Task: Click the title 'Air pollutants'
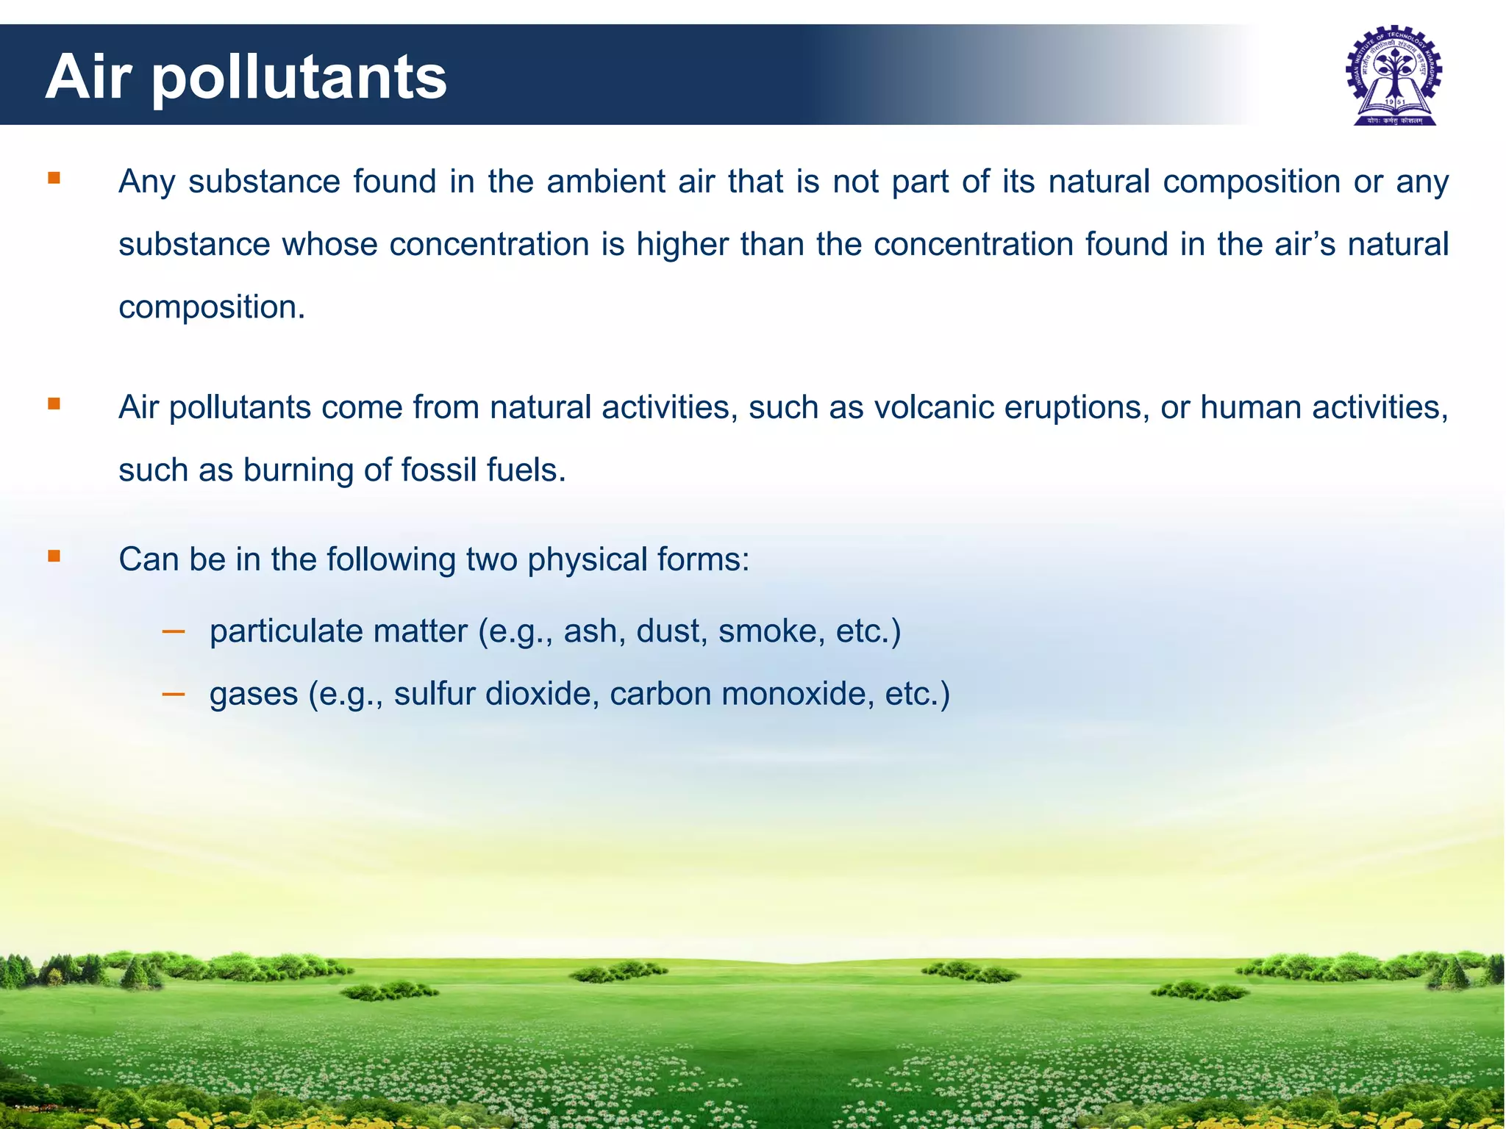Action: click(x=246, y=77)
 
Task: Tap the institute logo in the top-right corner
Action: click(x=1393, y=76)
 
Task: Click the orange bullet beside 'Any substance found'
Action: click(x=54, y=178)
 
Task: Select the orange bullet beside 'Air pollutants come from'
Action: click(x=54, y=404)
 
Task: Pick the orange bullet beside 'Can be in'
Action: click(x=54, y=556)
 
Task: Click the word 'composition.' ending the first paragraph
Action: click(x=212, y=307)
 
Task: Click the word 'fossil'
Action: click(x=438, y=470)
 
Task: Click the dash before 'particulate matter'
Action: click(x=174, y=631)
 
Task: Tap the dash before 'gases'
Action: click(x=174, y=693)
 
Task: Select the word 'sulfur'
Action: click(x=435, y=694)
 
